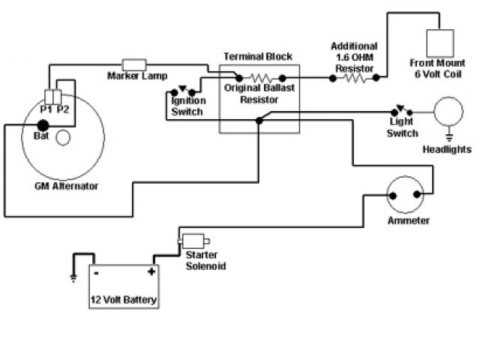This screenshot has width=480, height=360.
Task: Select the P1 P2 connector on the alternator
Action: (x=54, y=97)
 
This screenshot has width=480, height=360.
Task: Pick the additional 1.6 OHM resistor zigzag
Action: (x=352, y=76)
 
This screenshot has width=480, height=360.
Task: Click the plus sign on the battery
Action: (x=151, y=272)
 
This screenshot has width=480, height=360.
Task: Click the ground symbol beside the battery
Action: (x=73, y=277)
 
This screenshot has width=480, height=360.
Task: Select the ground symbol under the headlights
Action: (x=449, y=137)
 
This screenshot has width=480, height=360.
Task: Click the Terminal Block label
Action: (x=259, y=56)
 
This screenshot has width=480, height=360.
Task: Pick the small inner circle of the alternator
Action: (x=64, y=137)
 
